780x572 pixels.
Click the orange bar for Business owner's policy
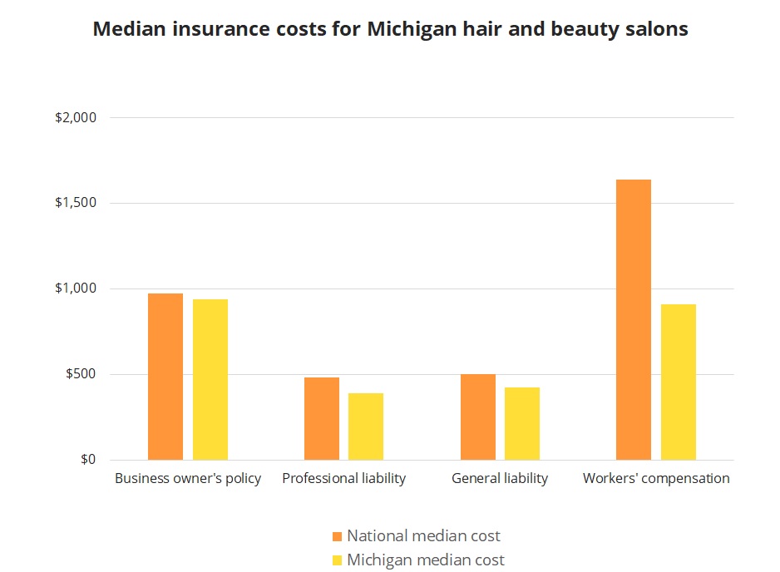tap(165, 377)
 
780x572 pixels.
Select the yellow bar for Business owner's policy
tap(210, 380)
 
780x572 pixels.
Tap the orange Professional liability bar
tap(322, 419)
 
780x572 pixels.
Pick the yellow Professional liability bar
tap(366, 427)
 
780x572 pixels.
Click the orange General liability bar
tap(478, 417)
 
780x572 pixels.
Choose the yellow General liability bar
tap(522, 424)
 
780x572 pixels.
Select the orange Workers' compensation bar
tap(634, 320)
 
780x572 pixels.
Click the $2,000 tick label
tap(76, 118)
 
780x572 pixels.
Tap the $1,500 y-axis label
tap(76, 204)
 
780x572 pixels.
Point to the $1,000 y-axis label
tap(76, 289)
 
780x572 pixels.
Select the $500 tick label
tap(81, 375)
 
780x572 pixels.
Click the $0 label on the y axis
tap(88, 460)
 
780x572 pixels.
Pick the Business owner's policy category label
tap(188, 479)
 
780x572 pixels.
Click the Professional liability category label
tap(344, 479)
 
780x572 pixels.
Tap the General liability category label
tap(500, 479)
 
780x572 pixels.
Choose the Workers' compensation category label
tap(656, 479)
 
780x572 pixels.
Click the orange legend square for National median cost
tap(337, 536)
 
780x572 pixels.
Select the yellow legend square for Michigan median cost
tap(337, 560)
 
